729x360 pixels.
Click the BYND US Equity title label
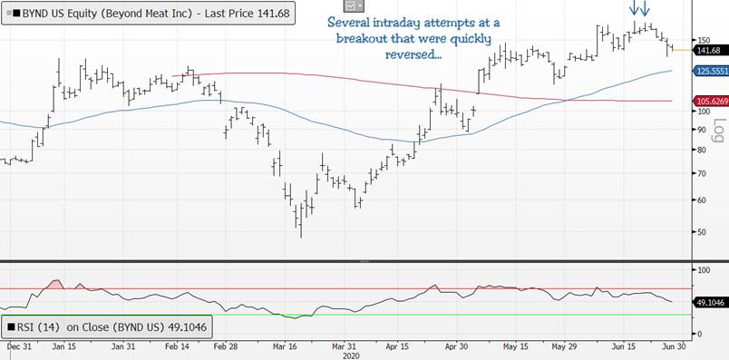[147, 14]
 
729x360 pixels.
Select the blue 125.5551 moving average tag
[709, 71]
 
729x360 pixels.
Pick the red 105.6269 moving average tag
[709, 101]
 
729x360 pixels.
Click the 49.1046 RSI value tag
[709, 303]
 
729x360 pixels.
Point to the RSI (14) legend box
[107, 327]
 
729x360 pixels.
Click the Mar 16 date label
[286, 347]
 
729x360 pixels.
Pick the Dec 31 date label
[20, 347]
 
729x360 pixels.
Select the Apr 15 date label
[397, 347]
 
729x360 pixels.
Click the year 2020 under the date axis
[351, 355]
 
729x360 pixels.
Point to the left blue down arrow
[634, 8]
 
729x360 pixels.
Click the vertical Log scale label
[719, 131]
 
